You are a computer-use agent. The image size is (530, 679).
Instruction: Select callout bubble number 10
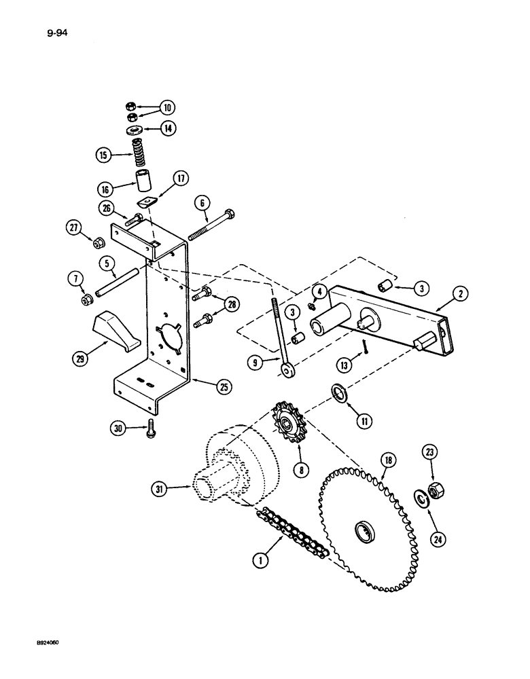point(167,107)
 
